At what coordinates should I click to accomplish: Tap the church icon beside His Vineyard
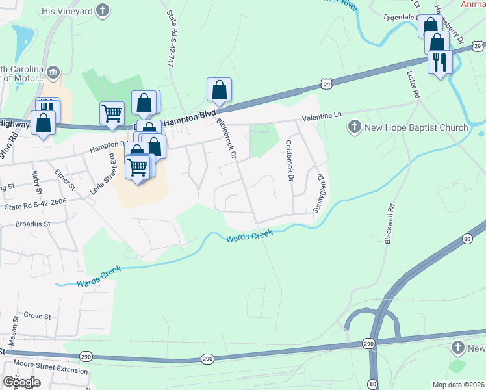pyautogui.click(x=103, y=10)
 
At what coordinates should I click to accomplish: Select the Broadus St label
pyautogui.click(x=32, y=224)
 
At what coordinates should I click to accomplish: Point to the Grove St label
pyautogui.click(x=37, y=316)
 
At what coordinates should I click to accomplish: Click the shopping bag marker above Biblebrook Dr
pyautogui.click(x=219, y=89)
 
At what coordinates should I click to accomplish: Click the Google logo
pyautogui.click(x=21, y=382)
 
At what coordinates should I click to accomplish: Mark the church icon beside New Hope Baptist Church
pyautogui.click(x=355, y=127)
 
